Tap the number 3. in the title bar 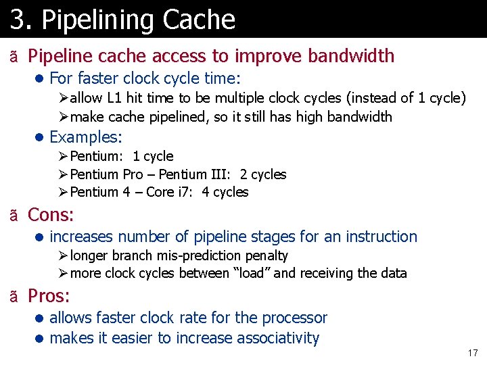tap(20, 20)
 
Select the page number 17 tap(472, 354)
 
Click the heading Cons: tap(51, 215)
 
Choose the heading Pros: tap(49, 296)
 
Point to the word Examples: tap(86, 137)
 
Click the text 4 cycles tap(225, 192)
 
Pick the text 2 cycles tap(263, 174)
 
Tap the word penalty tap(266, 255)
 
